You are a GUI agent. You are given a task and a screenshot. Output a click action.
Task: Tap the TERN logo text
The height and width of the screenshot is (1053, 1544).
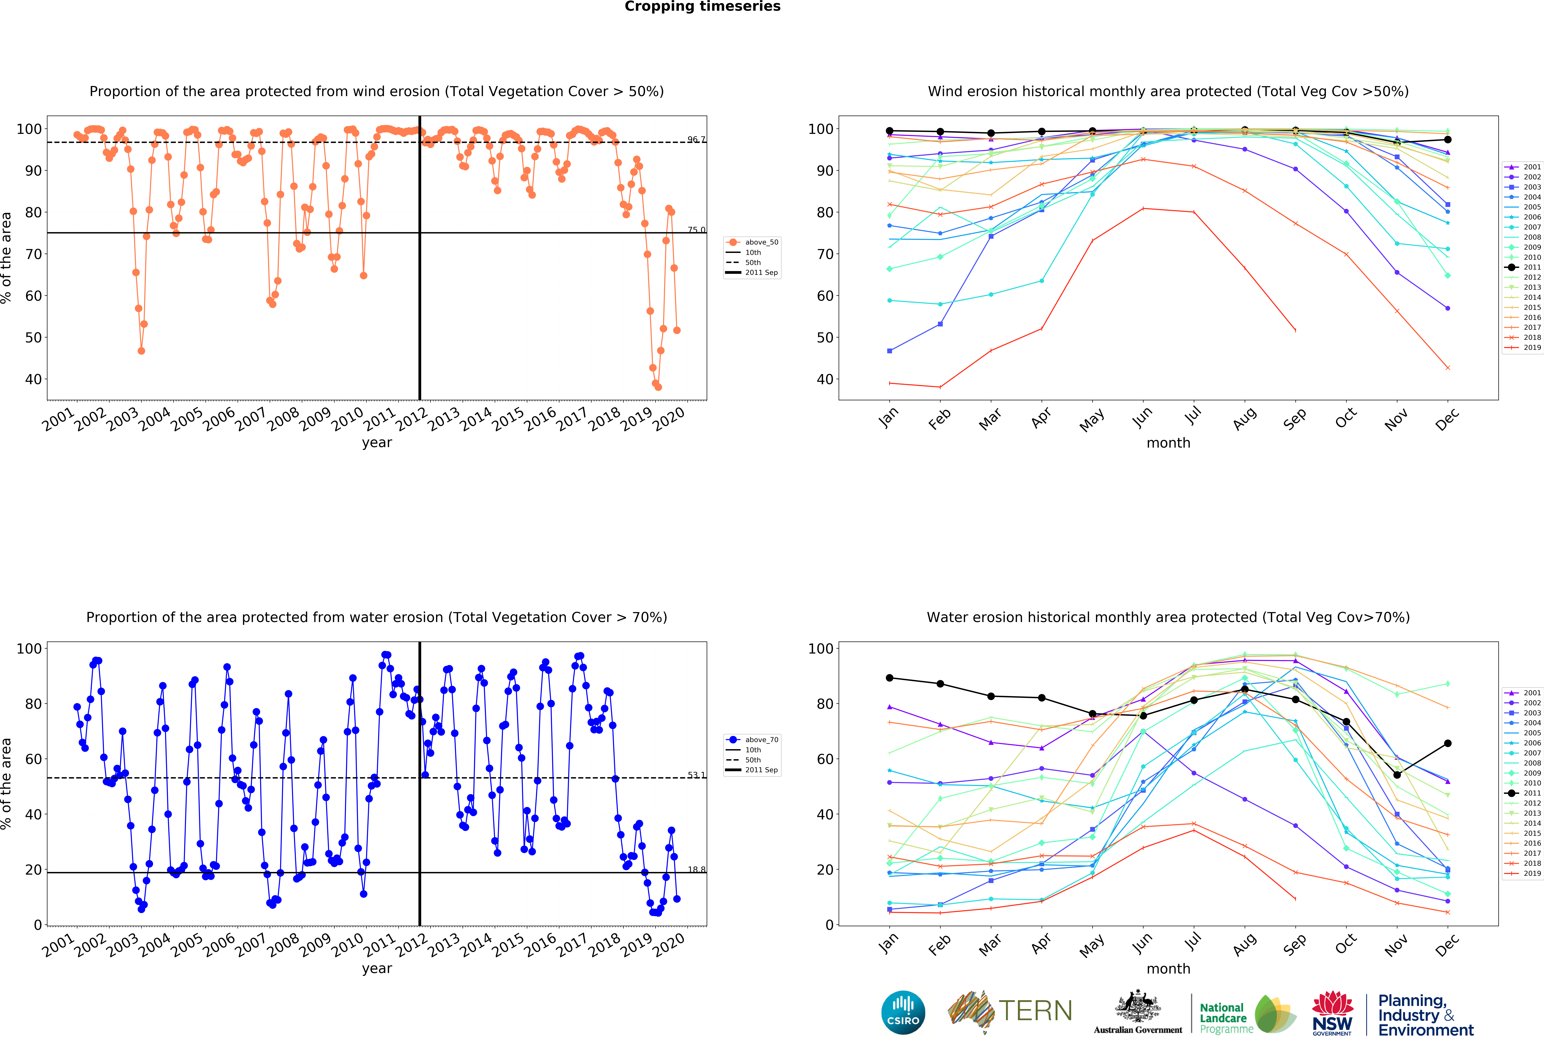1035,1011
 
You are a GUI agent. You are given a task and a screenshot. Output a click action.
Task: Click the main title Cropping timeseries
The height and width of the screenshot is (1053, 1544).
702,7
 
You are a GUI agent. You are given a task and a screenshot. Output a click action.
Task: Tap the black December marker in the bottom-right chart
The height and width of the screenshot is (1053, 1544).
1448,743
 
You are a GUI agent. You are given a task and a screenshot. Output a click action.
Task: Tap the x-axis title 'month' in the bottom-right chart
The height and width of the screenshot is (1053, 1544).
1168,969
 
